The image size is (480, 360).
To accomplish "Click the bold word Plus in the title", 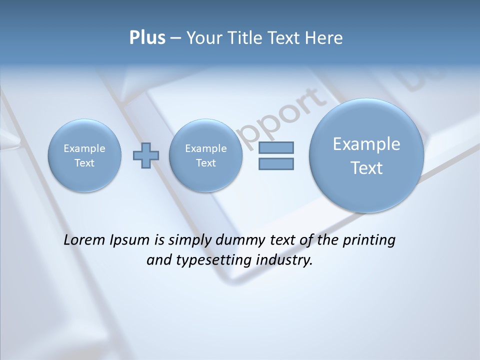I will (x=147, y=38).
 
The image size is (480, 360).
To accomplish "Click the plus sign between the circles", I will (x=145, y=155).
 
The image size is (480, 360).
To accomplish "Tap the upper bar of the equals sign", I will (x=276, y=147).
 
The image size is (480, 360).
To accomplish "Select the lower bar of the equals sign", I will (x=276, y=163).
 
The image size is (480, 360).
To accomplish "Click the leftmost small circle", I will (x=84, y=155).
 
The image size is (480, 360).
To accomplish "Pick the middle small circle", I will (x=205, y=155).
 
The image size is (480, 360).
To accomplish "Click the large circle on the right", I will (x=366, y=155).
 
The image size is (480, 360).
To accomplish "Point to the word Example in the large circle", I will (x=366, y=144).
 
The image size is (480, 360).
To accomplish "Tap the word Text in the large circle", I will (x=366, y=168).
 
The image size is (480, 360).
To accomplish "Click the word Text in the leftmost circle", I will (x=84, y=163).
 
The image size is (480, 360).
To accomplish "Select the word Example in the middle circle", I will (x=205, y=148).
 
